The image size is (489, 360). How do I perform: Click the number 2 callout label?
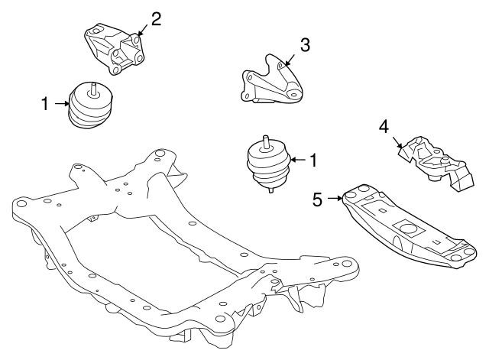point(156,18)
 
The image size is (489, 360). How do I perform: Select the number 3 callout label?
point(305,44)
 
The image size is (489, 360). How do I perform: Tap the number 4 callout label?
point(384,126)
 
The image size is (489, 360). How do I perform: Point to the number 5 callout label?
point(318,199)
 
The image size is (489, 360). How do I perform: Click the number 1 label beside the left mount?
point(44,102)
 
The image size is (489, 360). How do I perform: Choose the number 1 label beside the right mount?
point(312,161)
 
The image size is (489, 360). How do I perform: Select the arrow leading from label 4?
point(397,141)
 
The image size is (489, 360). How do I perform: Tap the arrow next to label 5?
point(335,199)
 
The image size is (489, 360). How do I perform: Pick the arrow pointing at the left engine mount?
point(61,102)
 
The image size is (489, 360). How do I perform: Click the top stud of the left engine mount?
point(92,86)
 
